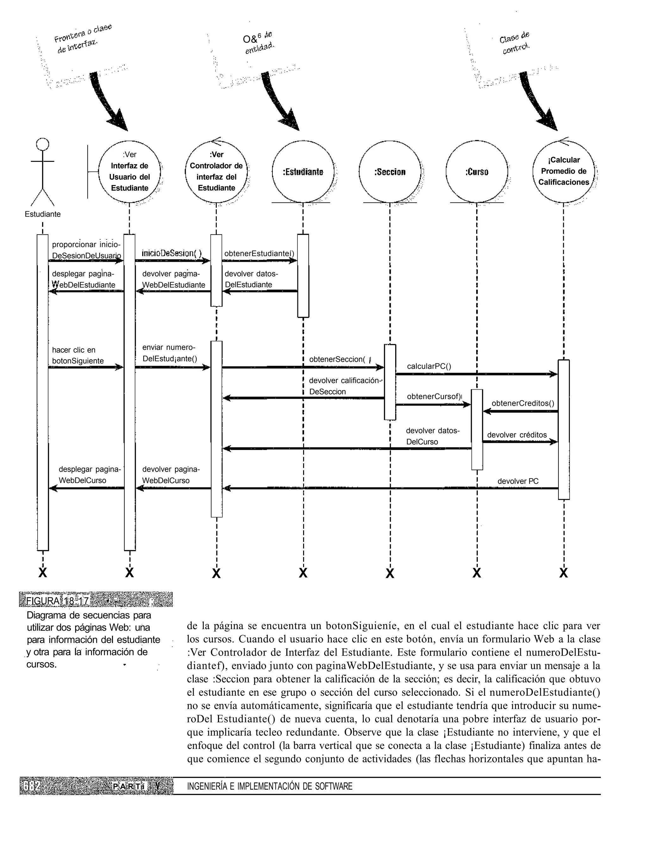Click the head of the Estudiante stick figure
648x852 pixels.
pos(42,144)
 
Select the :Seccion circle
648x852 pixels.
pos(389,172)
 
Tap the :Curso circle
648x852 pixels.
pos(477,172)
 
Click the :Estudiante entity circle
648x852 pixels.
pos(303,172)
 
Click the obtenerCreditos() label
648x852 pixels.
pos(523,403)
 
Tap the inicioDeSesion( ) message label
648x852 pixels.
pos(171,253)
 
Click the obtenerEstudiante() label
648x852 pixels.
pos(259,253)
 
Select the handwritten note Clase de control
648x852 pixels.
pos(515,43)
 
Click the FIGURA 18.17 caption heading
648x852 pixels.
pos(58,601)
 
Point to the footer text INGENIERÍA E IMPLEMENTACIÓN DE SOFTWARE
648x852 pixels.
pos(270,787)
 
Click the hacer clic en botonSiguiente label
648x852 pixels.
pos(78,355)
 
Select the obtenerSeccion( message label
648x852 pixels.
pos(337,359)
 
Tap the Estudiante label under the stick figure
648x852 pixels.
pos(42,214)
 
